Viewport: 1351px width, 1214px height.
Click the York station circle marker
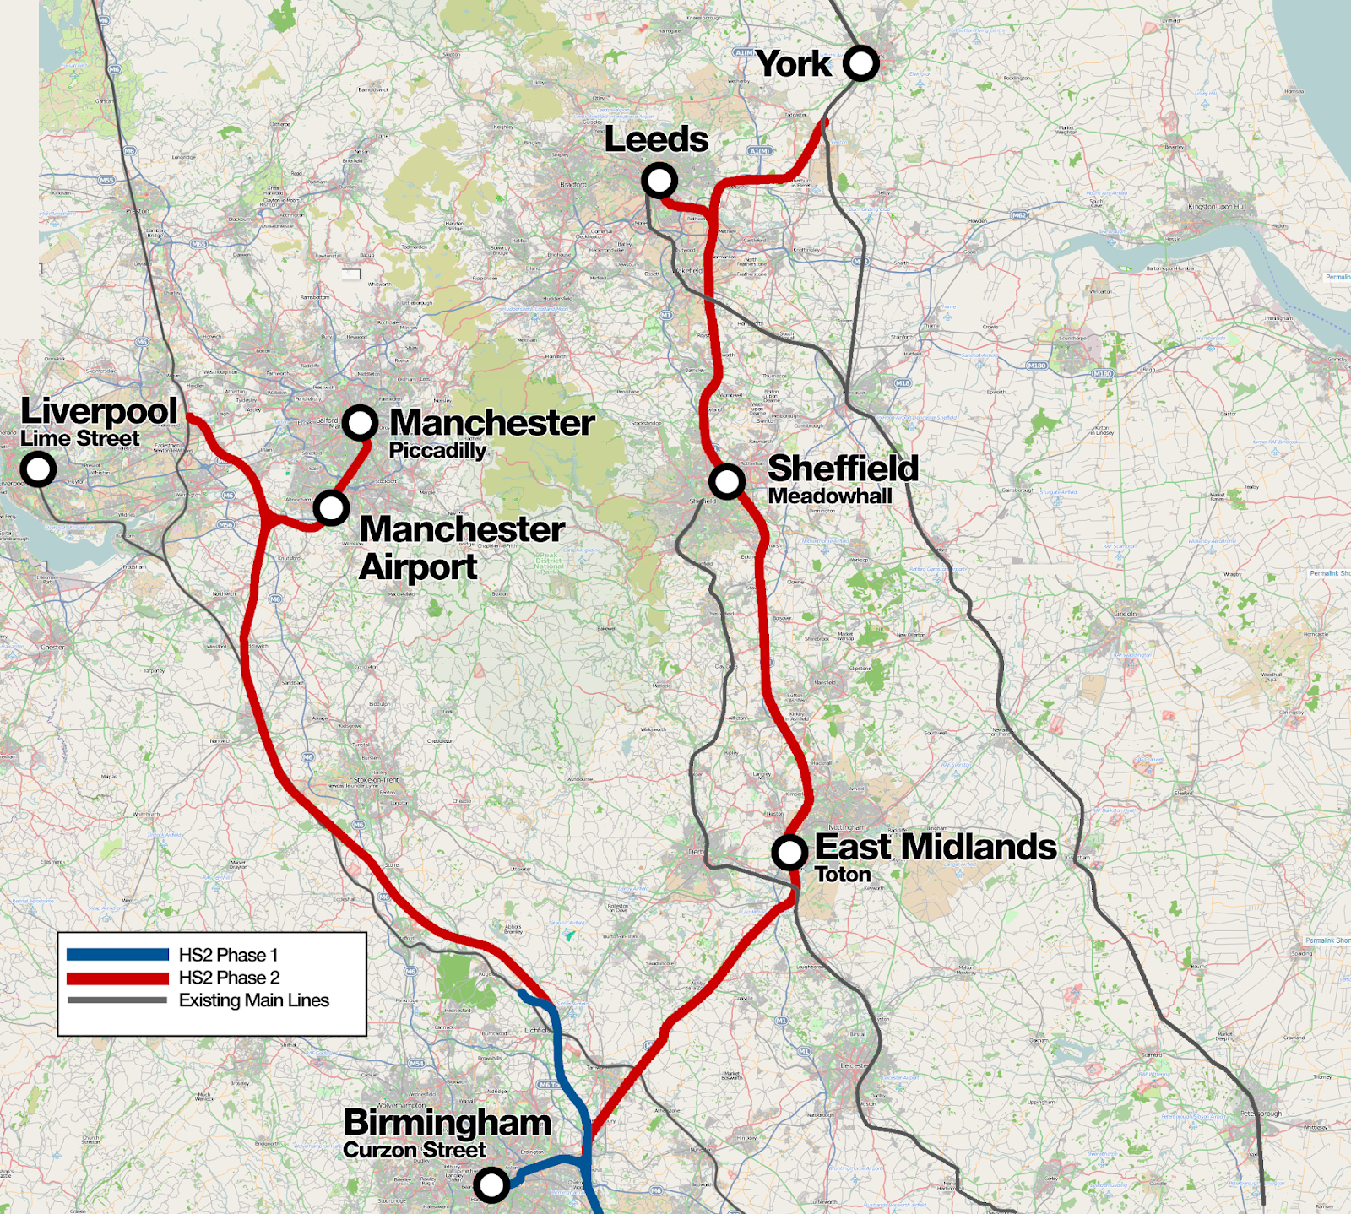tap(860, 63)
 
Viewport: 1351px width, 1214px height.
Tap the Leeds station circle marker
tap(659, 180)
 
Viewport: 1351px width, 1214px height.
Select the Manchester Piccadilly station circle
tap(360, 422)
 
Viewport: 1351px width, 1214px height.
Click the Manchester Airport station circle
tap(331, 508)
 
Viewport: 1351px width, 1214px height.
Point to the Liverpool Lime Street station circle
tap(38, 469)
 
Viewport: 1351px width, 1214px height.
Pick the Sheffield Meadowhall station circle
tap(726, 481)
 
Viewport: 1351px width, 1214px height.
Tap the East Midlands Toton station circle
tap(789, 853)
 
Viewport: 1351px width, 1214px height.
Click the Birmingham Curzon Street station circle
tap(491, 1184)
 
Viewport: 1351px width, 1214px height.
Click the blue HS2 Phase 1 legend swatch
tap(117, 955)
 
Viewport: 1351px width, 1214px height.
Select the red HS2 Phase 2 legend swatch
tap(117, 978)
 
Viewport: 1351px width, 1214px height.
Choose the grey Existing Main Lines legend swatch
tap(117, 1000)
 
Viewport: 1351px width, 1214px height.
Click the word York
tap(793, 64)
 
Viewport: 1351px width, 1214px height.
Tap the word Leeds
tap(656, 140)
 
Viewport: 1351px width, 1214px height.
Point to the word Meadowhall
tap(829, 496)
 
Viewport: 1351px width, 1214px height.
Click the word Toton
tap(842, 875)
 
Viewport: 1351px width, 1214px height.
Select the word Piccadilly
tap(437, 451)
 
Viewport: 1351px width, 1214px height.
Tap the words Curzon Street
tap(414, 1150)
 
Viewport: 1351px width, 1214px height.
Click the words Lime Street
tap(79, 439)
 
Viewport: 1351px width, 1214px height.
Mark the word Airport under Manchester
tap(418, 567)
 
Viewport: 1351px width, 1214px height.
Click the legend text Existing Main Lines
tap(253, 1000)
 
